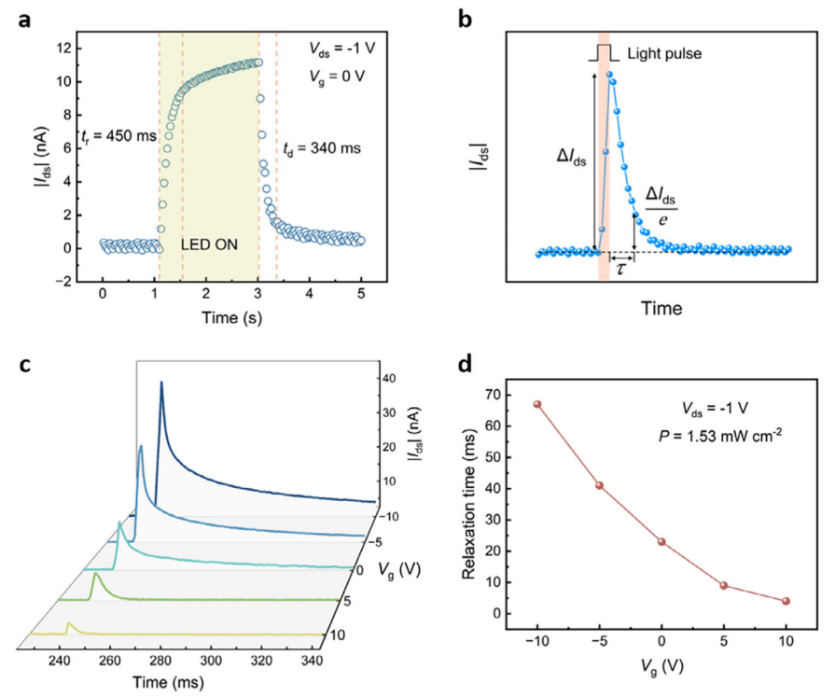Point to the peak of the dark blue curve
(161, 382)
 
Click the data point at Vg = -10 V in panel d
(537, 404)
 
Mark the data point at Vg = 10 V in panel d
(786, 601)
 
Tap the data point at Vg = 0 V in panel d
(661, 541)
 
